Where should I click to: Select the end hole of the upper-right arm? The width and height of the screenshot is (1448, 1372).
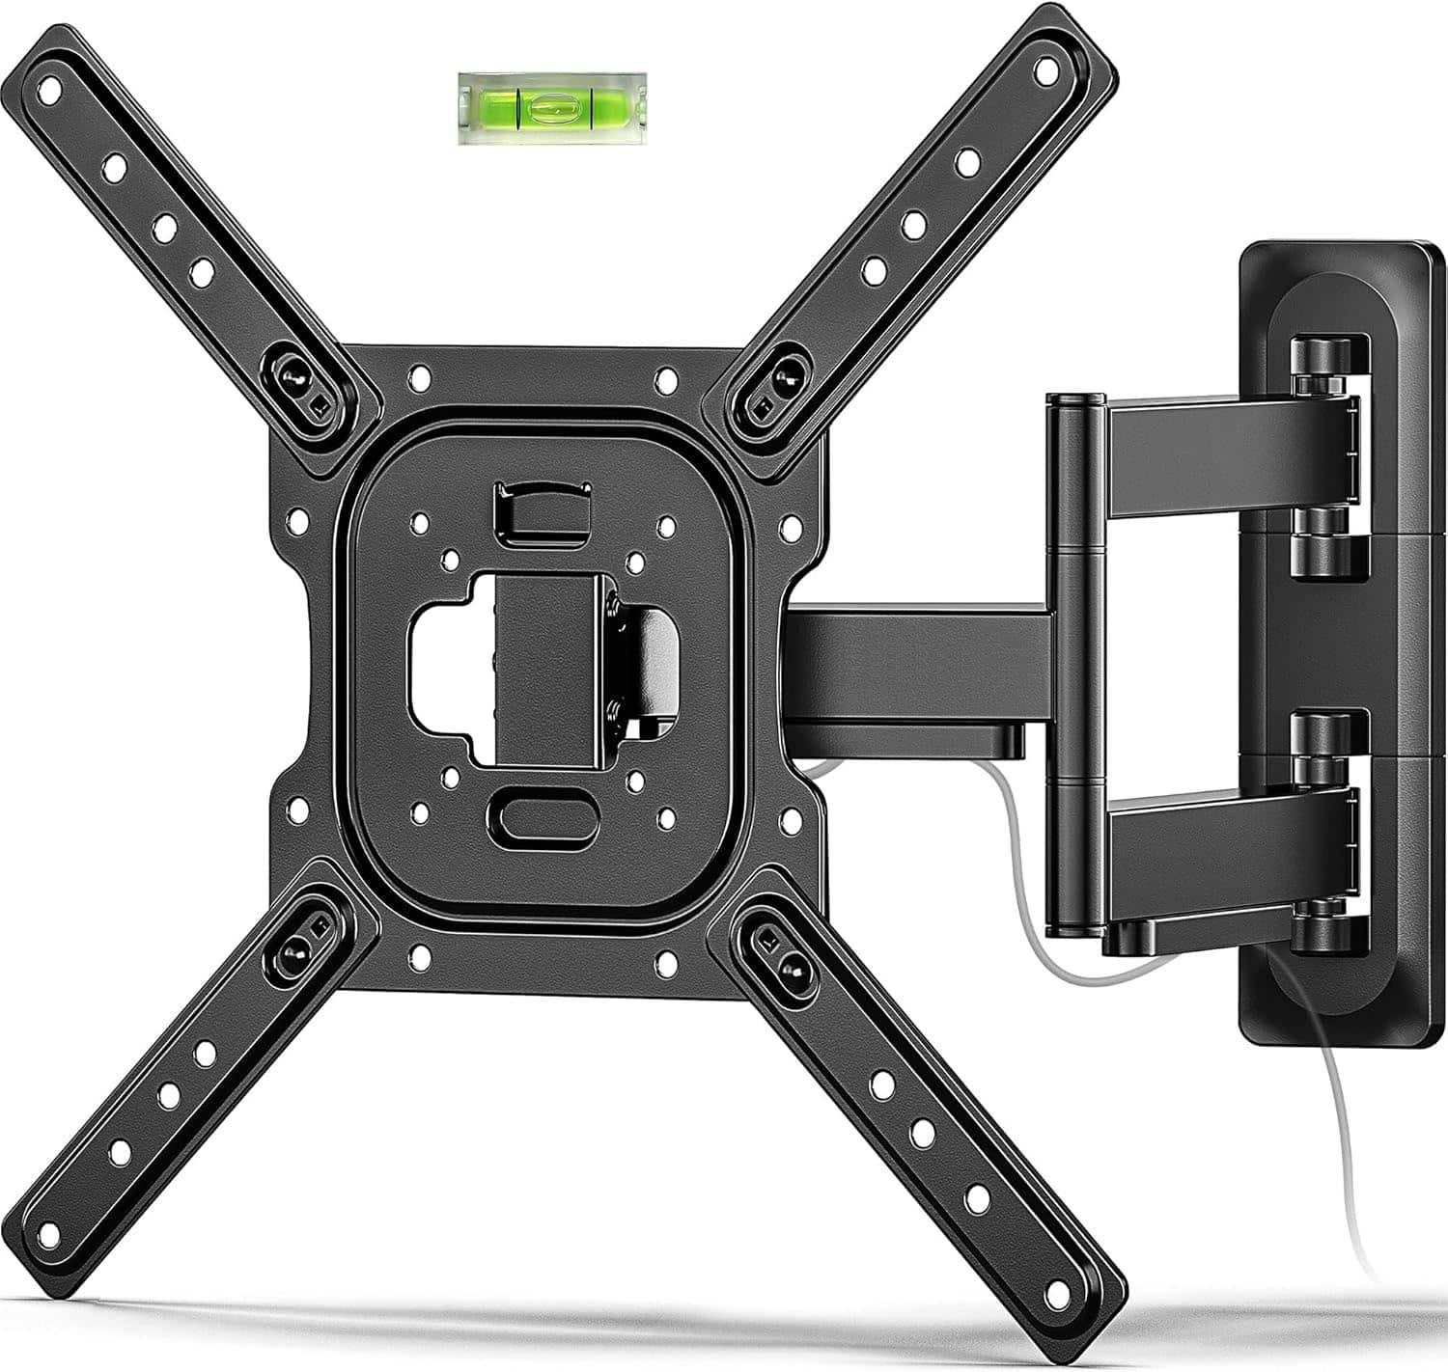1046,69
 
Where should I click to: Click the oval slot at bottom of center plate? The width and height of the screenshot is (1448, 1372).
545,817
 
